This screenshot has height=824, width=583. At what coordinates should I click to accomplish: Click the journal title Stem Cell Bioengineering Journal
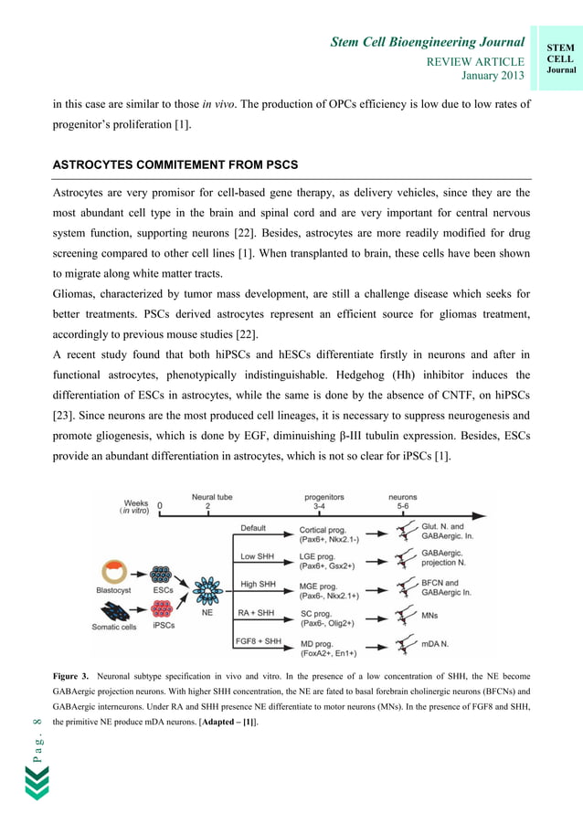coord(427,42)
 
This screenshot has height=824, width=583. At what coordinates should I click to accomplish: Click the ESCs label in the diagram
coord(164,590)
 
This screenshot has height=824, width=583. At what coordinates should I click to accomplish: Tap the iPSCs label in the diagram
coord(164,626)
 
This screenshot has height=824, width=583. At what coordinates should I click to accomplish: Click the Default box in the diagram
coord(254,528)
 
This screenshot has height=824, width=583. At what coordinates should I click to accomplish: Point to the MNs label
coord(430,616)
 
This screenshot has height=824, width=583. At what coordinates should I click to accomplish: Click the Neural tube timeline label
coord(211,498)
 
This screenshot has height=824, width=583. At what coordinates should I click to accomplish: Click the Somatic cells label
coord(114,627)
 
